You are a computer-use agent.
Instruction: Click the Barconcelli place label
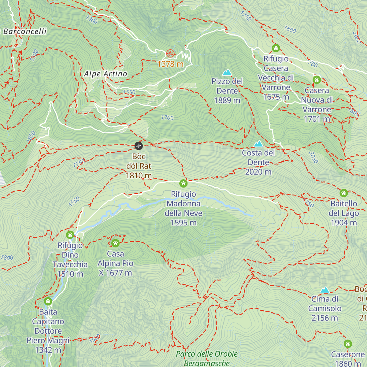[25, 31]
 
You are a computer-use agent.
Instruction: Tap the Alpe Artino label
[106, 74]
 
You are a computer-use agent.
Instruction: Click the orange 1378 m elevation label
[170, 64]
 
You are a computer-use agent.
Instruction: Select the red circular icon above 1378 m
[170, 54]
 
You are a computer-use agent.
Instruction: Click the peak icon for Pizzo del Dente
[227, 72]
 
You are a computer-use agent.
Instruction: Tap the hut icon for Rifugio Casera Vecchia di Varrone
[276, 48]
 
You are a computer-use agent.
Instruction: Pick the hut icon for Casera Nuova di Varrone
[317, 80]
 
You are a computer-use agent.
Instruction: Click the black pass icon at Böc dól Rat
[139, 146]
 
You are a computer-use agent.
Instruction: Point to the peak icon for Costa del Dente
[258, 144]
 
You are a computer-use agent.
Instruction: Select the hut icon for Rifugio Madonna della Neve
[183, 183]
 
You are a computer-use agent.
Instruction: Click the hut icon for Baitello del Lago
[344, 193]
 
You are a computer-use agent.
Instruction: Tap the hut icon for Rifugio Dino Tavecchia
[70, 235]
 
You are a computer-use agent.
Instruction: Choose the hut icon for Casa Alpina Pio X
[115, 243]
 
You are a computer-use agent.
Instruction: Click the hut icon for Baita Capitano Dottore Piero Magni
[48, 301]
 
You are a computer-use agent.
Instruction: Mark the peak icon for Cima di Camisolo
[324, 290]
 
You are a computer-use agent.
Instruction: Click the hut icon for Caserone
[347, 344]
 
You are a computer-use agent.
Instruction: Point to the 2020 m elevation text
[258, 172]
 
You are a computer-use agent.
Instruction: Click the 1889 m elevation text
[227, 100]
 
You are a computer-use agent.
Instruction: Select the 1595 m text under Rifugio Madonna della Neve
[183, 223]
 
